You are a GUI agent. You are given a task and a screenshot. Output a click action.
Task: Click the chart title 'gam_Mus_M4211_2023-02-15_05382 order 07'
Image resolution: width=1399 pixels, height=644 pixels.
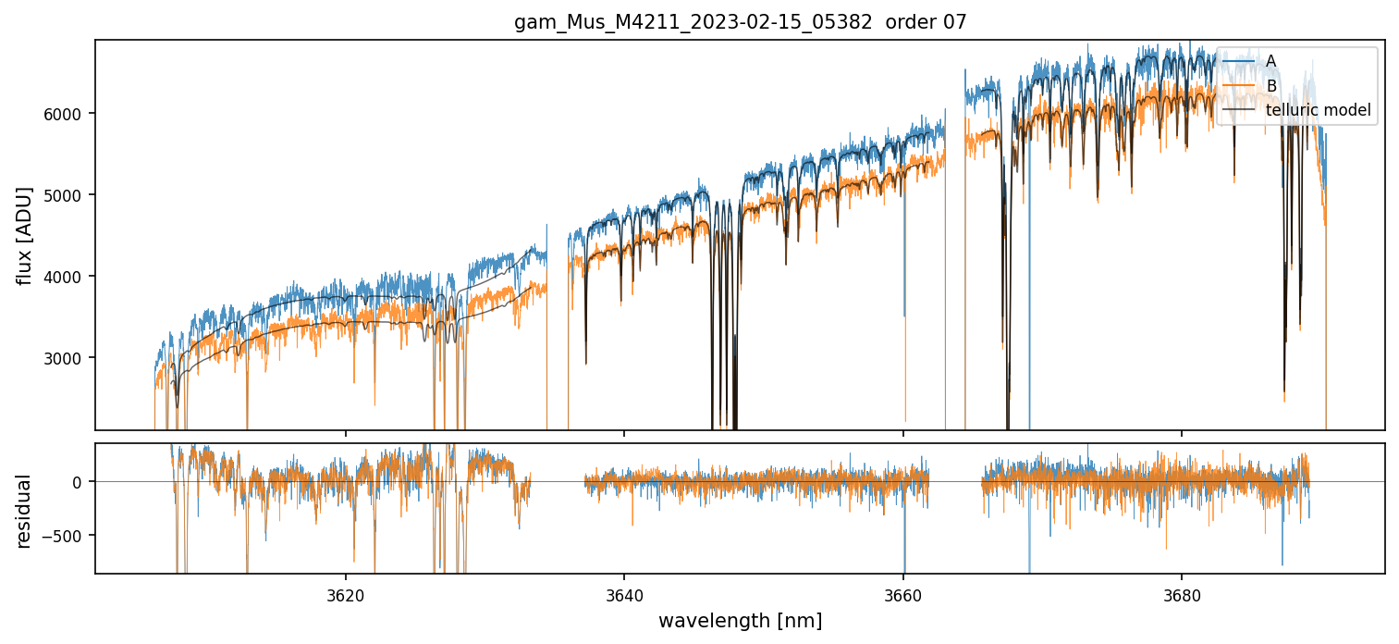coord(740,22)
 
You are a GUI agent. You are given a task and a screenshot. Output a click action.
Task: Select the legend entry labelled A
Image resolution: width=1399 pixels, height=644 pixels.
coord(1270,61)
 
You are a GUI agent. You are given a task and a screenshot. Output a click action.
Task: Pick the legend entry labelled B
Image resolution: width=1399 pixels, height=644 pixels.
coord(1270,86)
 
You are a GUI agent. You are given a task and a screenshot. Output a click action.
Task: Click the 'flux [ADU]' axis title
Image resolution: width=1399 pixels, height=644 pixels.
coord(24,235)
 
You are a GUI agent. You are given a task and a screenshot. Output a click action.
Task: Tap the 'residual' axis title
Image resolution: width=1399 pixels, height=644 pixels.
coord(24,511)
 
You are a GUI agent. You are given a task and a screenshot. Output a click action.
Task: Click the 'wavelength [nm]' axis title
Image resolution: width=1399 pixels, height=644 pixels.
coord(740,620)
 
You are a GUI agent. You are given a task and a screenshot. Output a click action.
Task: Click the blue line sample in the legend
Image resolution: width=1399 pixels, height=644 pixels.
coord(1239,61)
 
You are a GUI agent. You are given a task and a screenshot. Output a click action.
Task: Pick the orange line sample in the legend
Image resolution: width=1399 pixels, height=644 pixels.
coord(1239,86)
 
